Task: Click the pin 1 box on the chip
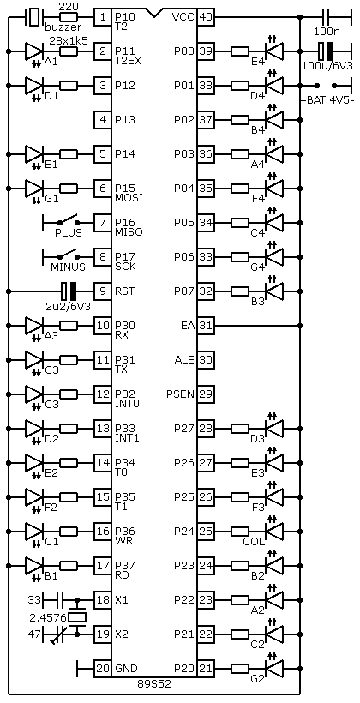[102, 17]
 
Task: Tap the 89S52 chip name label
[154, 684]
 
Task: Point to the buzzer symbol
[33, 17]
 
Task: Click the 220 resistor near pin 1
[69, 17]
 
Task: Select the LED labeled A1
[34, 51]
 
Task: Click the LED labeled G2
[274, 669]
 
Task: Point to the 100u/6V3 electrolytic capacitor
[326, 51]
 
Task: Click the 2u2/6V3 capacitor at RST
[69, 291]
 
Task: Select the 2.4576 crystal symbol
[77, 617]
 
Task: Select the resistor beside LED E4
[240, 51]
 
